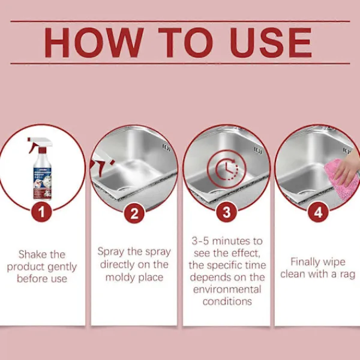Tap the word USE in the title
(x=271, y=43)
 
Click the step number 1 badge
(x=41, y=212)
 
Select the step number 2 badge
(x=134, y=213)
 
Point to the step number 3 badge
(x=227, y=212)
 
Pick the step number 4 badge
(x=318, y=212)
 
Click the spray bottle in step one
(x=41, y=169)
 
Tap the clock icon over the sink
(x=227, y=169)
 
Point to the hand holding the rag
(x=348, y=169)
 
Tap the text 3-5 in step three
(x=200, y=241)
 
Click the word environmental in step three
(x=227, y=289)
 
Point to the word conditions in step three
(x=227, y=301)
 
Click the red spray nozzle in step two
(x=101, y=166)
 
